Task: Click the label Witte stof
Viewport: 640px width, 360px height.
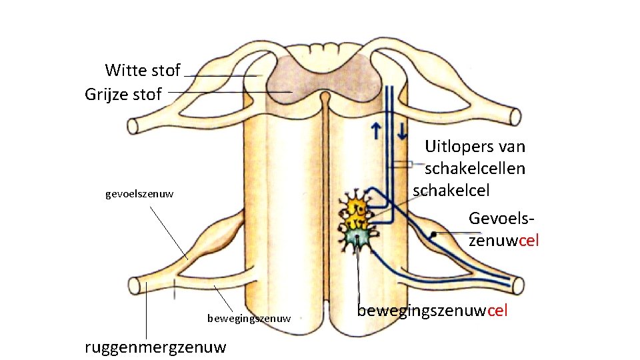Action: (x=143, y=70)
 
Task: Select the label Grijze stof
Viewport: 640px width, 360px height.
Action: (x=123, y=95)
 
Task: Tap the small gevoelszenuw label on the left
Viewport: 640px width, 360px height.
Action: (x=139, y=195)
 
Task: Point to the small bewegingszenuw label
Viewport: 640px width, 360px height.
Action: (x=249, y=319)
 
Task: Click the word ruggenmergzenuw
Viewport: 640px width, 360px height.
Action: (x=155, y=347)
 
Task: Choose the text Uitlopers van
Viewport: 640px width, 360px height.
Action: (x=475, y=147)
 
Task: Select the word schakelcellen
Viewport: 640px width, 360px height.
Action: (x=475, y=168)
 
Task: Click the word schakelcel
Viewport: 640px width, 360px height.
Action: (x=451, y=190)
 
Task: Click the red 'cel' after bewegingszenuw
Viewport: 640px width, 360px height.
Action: (x=497, y=311)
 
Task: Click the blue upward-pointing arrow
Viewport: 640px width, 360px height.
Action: (x=377, y=131)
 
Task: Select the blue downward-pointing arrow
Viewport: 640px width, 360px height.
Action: (x=401, y=131)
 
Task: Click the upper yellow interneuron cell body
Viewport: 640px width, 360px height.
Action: (x=355, y=203)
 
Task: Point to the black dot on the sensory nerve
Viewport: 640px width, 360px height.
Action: (x=433, y=234)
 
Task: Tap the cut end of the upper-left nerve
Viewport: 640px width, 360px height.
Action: (x=132, y=125)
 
